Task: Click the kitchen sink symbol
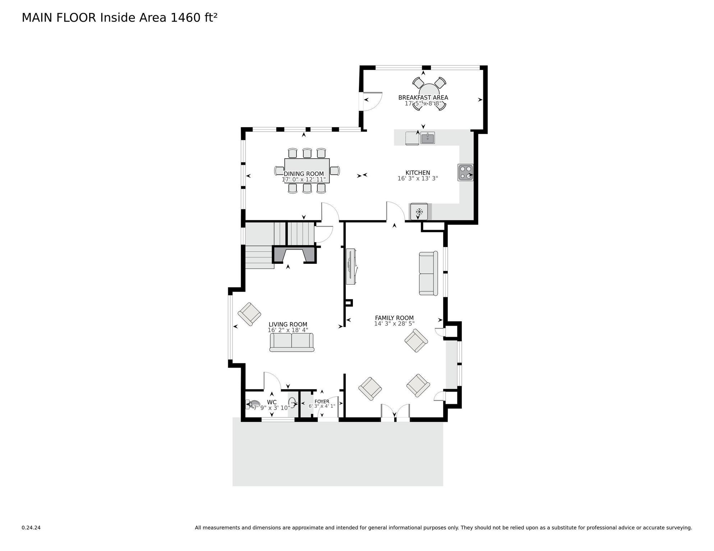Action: tap(428, 138)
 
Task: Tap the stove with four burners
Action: tap(465, 172)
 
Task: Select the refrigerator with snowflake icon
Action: tap(419, 212)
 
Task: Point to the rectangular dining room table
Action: tap(307, 171)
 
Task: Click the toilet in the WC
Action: tap(254, 405)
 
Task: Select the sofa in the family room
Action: tap(428, 274)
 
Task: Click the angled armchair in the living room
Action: tap(249, 314)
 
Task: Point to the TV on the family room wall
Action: tap(351, 266)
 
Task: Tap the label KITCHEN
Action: tap(418, 173)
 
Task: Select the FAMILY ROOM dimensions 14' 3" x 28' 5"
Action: tap(394, 323)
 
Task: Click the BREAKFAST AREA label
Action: tap(423, 98)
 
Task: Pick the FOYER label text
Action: tap(322, 401)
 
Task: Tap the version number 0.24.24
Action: tap(31, 528)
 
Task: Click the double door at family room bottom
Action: tap(395, 413)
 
